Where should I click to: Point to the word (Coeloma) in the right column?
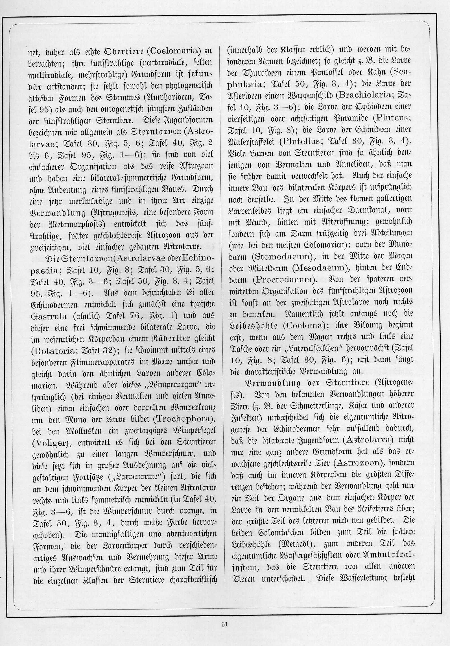pyautogui.click(x=303, y=325)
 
